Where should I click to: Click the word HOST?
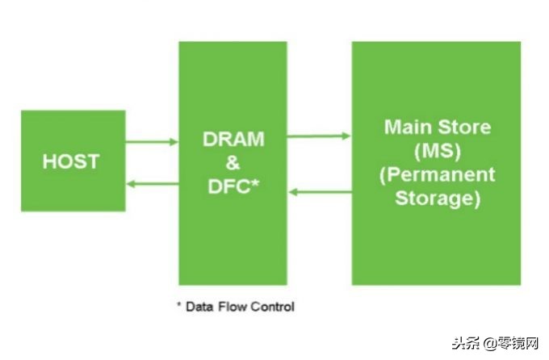[71, 161]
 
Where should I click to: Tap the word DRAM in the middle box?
[233, 139]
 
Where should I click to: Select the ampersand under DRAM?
[233, 162]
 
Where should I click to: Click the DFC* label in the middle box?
[233, 186]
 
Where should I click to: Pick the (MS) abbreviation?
[438, 151]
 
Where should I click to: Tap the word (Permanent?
[438, 174]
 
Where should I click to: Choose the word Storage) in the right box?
[438, 199]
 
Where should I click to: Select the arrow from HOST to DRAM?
[152, 142]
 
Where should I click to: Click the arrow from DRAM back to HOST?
[153, 183]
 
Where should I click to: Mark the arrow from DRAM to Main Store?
[319, 136]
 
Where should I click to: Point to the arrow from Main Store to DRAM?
[320, 192]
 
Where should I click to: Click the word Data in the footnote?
[199, 307]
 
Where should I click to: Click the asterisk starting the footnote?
[179, 304]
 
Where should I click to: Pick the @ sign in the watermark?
[491, 344]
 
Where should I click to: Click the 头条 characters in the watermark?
[466, 344]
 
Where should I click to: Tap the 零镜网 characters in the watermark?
[518, 344]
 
